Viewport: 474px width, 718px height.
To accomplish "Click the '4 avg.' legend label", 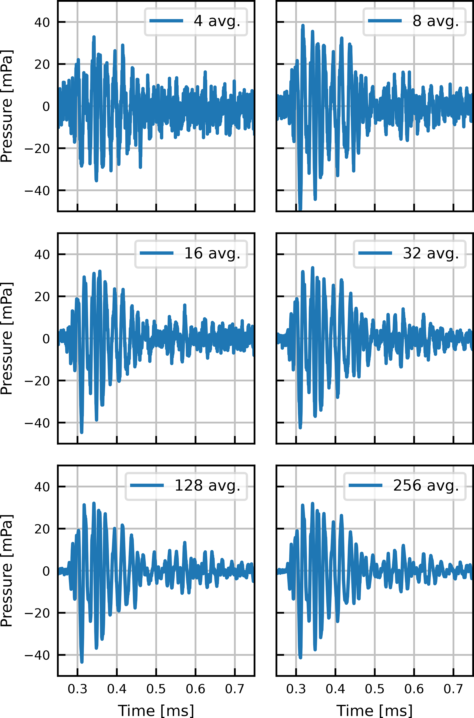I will click(x=217, y=21).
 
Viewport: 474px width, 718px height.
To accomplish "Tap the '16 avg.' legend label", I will click(x=212, y=253).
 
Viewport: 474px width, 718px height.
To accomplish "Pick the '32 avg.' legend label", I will click(x=431, y=253).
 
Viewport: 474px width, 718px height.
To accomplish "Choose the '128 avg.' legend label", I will click(x=207, y=486).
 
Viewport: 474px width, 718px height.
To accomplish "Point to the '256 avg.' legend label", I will click(x=426, y=486).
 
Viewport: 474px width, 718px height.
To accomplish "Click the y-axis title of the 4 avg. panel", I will click(x=7, y=106).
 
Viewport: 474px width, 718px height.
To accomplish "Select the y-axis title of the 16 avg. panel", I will click(x=7, y=339).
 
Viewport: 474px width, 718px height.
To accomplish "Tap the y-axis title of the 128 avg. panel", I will click(x=7, y=571).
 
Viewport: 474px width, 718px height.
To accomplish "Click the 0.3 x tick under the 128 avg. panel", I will click(x=77, y=689).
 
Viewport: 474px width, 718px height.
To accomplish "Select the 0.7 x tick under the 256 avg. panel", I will click(x=453, y=689).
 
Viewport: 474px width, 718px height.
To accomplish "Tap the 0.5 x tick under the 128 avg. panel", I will click(x=156, y=689).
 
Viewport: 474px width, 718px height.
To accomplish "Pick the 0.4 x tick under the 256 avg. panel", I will click(x=335, y=689).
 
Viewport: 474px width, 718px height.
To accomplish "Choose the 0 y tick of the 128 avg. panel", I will click(x=46, y=571).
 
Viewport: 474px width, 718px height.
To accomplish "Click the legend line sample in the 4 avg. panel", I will click(x=166, y=21).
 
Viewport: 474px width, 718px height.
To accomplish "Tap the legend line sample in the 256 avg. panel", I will click(x=366, y=486).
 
